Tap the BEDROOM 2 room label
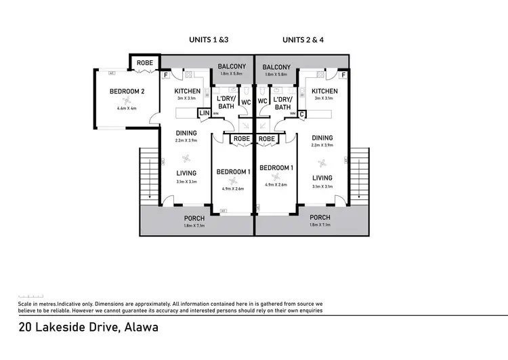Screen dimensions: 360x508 point(127,92)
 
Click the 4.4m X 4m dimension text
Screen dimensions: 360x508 point(127,108)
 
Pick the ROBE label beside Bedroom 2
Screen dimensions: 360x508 point(145,63)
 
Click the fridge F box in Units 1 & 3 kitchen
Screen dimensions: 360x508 point(166,75)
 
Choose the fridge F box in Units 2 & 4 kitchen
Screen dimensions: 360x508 point(343,75)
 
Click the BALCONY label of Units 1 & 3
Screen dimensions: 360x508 point(231,66)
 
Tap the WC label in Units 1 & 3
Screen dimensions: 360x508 point(245,102)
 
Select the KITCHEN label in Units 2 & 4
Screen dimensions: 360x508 point(324,92)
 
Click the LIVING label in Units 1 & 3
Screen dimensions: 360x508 point(187,173)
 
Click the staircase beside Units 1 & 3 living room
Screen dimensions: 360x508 point(148,178)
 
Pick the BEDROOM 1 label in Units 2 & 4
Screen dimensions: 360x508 point(276,167)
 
